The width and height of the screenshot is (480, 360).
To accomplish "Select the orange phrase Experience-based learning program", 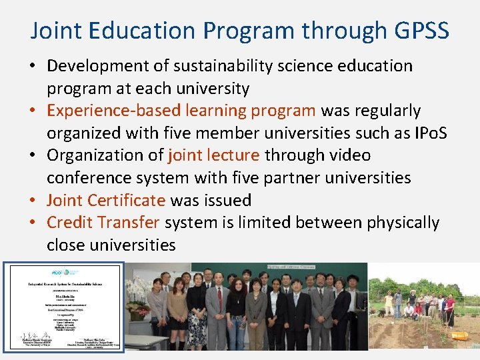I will tap(181, 111).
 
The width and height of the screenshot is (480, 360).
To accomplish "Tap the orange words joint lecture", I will tap(214, 155).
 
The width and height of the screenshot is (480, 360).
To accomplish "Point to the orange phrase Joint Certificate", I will tap(106, 200).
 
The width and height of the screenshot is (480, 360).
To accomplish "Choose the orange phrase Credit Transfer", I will tap(103, 223).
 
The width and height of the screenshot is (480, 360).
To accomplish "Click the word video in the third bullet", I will tap(350, 155).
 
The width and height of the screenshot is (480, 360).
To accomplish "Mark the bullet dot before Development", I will tap(35, 66).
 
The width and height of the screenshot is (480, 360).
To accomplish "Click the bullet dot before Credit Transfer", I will tap(35, 223).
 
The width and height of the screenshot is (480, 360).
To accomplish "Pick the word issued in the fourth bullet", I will tap(229, 200).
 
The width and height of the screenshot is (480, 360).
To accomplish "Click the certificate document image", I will tap(63, 306).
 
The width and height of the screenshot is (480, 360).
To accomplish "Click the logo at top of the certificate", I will tap(63, 273).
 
